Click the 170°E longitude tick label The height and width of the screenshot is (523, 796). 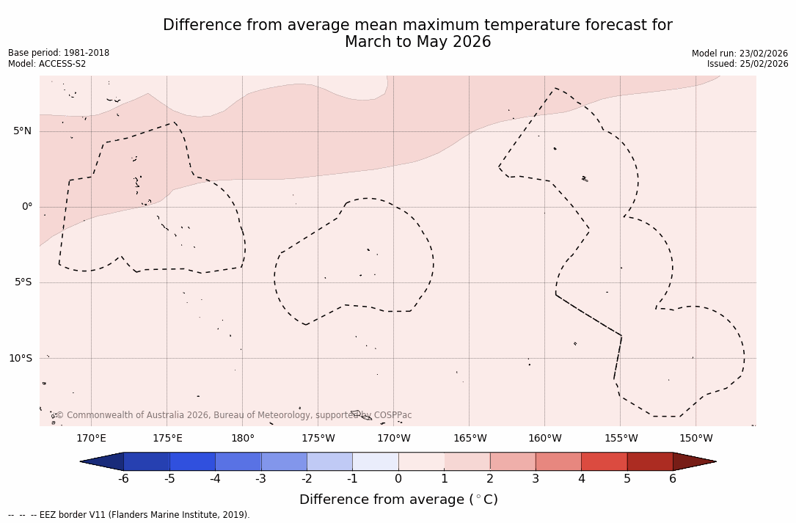[x=91, y=439]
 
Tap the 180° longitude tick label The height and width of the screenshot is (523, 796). [x=243, y=439]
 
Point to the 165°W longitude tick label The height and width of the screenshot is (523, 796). [x=470, y=439]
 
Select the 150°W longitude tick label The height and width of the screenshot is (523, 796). [x=696, y=439]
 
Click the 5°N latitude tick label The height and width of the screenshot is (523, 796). [x=22, y=131]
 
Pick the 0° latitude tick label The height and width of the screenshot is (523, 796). [x=27, y=207]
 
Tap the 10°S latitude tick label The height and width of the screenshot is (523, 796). [x=20, y=359]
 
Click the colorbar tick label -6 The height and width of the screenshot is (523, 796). [x=123, y=479]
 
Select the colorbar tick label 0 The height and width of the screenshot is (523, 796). [x=398, y=479]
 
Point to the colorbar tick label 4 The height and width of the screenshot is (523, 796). [x=581, y=479]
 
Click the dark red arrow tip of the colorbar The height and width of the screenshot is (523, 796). [x=697, y=461]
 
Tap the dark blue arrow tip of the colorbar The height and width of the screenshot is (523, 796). [x=100, y=461]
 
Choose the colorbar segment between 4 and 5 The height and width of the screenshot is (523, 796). [x=604, y=461]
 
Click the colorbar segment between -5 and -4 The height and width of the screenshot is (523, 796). [x=192, y=461]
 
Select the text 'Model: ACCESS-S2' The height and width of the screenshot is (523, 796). [x=47, y=64]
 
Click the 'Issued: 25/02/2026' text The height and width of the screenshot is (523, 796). [x=748, y=64]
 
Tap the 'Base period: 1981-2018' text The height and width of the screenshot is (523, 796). [x=59, y=53]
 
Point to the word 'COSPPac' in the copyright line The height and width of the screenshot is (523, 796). [x=393, y=415]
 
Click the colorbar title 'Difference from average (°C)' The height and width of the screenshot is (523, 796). [x=398, y=500]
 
